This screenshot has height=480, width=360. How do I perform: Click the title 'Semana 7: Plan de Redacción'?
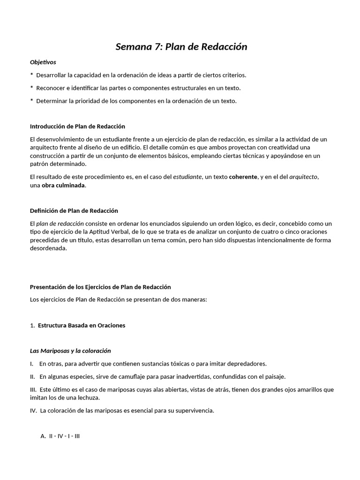click(181, 47)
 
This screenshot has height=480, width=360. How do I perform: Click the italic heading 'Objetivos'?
click(43, 62)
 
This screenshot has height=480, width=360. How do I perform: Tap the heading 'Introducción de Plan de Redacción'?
click(77, 127)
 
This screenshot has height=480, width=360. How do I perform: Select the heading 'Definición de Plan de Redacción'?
click(74, 211)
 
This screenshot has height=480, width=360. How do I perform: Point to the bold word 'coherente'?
click(243, 177)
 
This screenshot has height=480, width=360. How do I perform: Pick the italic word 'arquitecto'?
click(303, 177)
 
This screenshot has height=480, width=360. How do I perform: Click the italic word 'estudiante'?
click(187, 177)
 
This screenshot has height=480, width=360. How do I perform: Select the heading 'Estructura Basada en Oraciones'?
click(82, 325)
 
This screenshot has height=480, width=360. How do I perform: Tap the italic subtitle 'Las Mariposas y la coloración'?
click(70, 351)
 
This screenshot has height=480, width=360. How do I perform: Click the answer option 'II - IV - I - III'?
click(64, 436)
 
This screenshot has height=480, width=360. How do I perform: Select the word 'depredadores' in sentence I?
click(245, 364)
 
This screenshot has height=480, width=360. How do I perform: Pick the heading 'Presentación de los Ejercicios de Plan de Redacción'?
click(100, 287)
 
